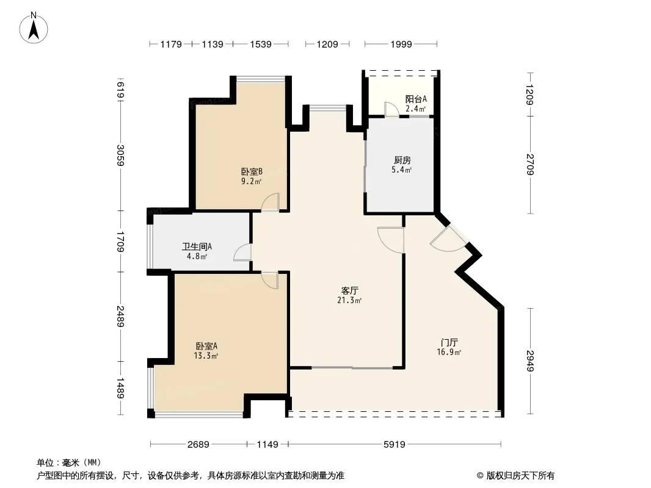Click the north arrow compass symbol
click(34, 28)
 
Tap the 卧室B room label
click(252, 171)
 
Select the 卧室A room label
click(206, 346)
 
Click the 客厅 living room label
click(349, 290)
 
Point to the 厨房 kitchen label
click(402, 160)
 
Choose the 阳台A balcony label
click(416, 99)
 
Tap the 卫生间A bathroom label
click(197, 246)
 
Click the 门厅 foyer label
click(449, 342)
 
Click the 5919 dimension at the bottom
click(394, 445)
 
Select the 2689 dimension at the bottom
click(198, 445)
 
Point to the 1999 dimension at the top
click(401, 44)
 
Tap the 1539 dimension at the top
click(261, 44)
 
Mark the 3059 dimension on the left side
click(120, 155)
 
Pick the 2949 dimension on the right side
click(530, 361)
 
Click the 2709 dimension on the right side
click(530, 164)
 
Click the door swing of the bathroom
click(242, 253)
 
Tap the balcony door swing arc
click(391, 109)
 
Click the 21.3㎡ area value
click(349, 300)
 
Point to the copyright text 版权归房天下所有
click(520, 476)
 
